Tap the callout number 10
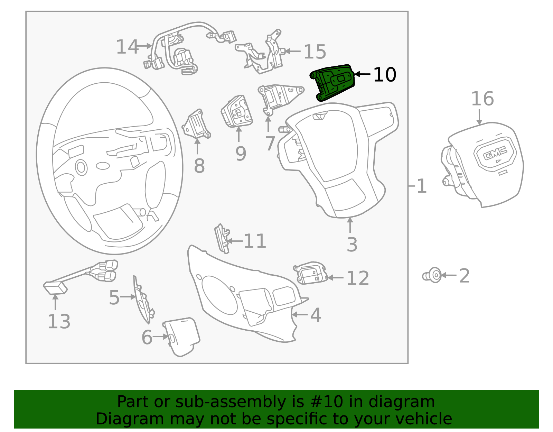385,75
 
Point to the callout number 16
482,99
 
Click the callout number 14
127,47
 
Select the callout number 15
315,52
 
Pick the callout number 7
270,144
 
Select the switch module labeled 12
311,273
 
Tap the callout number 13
59,322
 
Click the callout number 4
316,315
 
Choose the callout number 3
352,245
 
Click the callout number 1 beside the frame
422,186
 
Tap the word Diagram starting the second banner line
119,419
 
